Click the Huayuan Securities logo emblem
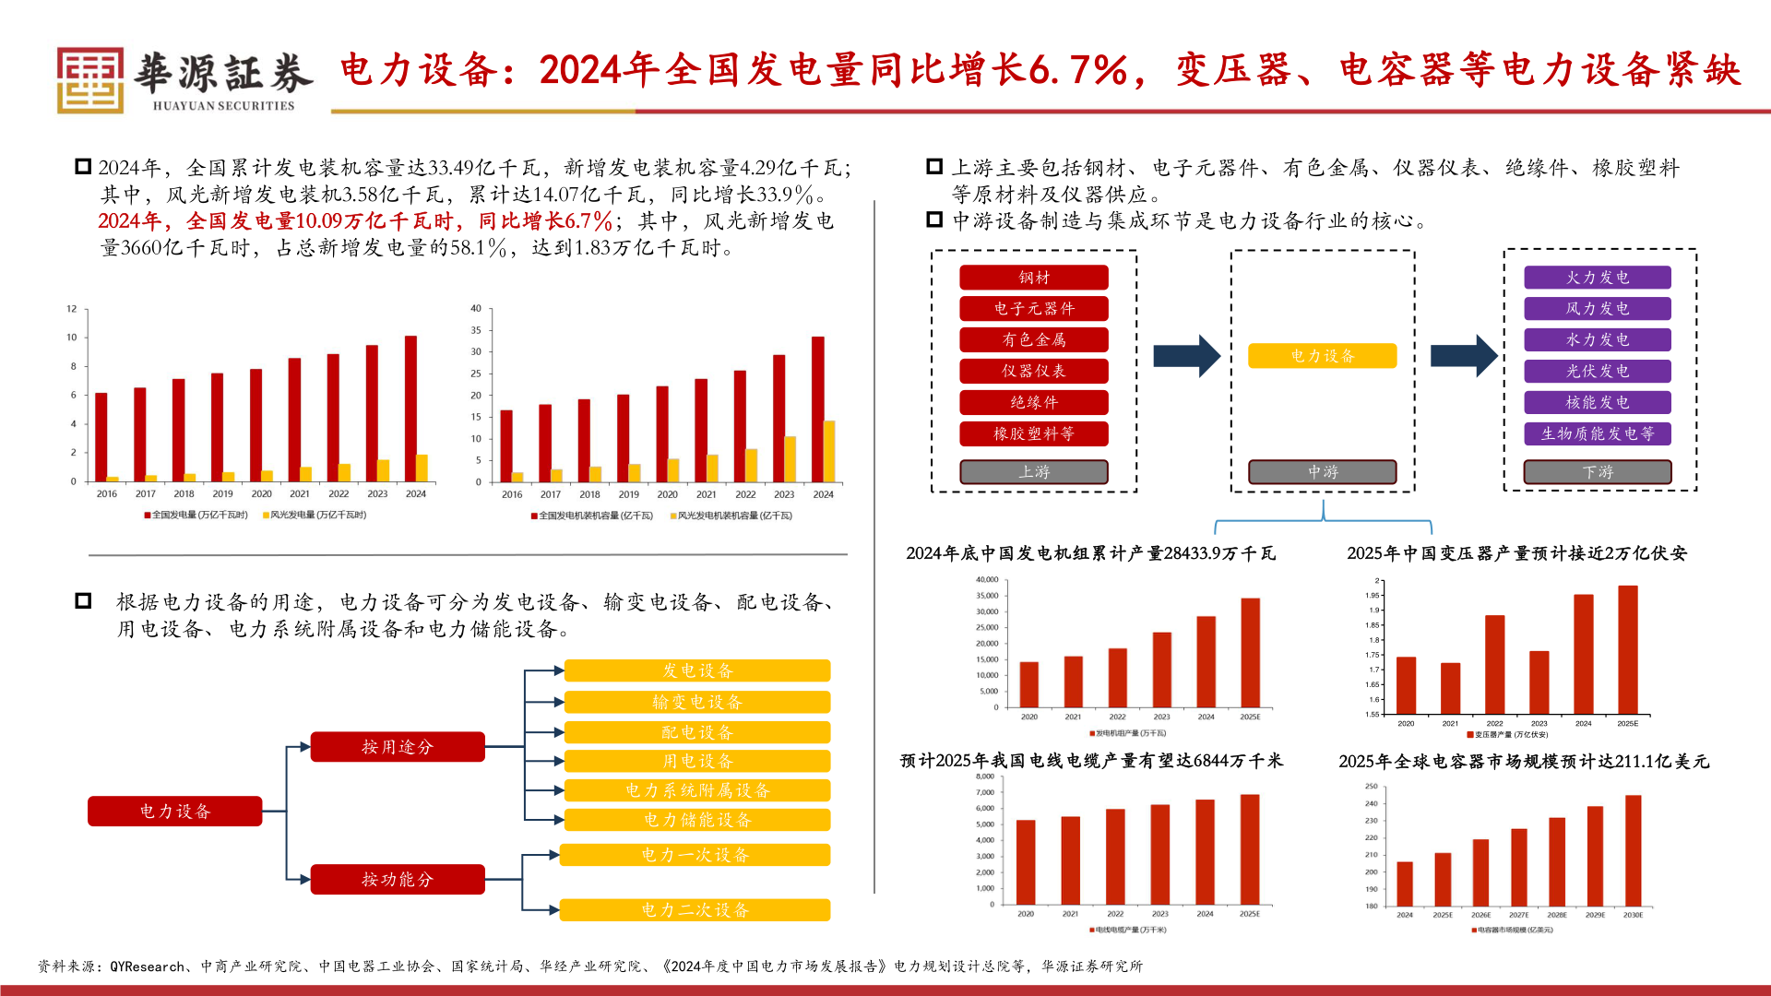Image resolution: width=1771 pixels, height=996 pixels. [x=89, y=80]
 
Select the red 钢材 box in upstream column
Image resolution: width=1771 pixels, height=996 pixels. [x=1033, y=278]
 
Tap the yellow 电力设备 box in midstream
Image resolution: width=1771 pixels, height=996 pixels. [x=1322, y=356]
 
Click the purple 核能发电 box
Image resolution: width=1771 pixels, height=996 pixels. [x=1597, y=402]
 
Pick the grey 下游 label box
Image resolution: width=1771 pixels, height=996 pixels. [x=1597, y=472]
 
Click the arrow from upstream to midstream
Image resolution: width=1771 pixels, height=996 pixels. [x=1186, y=356]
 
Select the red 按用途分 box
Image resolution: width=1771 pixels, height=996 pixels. [x=397, y=747]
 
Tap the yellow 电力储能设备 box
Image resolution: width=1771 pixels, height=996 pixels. [x=697, y=820]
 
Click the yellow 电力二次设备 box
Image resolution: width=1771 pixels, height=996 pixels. [x=695, y=910]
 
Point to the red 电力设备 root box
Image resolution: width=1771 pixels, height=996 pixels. [x=174, y=812]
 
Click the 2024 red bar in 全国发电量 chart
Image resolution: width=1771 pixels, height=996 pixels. [x=410, y=408]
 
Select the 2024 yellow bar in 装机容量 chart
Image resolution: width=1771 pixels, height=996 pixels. [x=829, y=451]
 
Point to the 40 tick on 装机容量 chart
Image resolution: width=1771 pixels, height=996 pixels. [x=476, y=309]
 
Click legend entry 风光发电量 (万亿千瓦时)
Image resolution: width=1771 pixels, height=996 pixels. [x=315, y=516]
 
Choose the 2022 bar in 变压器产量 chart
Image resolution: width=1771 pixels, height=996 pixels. [x=1494, y=664]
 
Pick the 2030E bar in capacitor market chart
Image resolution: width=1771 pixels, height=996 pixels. [x=1633, y=850]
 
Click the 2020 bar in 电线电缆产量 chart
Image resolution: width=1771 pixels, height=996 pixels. [x=1026, y=862]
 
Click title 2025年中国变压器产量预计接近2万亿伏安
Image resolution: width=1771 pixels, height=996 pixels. [x=1515, y=553]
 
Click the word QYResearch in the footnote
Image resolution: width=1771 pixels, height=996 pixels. [x=147, y=966]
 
